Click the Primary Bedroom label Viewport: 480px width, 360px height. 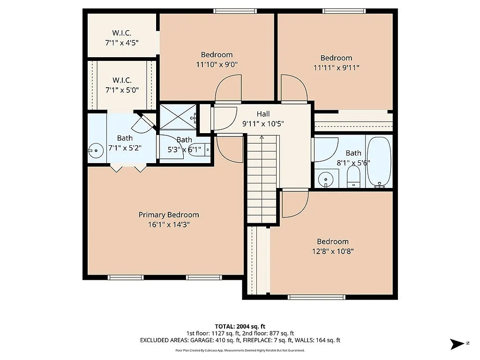(168, 215)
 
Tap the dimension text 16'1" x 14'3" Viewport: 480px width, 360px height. (168, 225)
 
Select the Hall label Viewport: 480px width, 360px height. (263, 114)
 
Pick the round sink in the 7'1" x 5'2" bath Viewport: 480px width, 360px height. (95, 150)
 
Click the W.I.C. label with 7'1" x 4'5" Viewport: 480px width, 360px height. (121, 33)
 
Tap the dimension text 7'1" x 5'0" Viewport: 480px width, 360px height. (121, 90)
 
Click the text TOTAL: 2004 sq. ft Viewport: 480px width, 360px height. (240, 326)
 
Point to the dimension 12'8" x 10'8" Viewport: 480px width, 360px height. (332, 251)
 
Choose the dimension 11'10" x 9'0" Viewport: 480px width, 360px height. (217, 65)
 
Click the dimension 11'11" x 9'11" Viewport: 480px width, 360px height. (336, 67)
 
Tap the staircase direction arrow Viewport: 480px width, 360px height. (261, 139)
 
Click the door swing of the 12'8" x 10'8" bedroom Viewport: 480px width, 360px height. (294, 204)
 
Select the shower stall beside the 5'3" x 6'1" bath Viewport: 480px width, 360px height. (178, 117)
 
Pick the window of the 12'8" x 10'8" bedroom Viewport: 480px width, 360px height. (316, 297)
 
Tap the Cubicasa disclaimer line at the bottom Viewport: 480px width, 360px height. (240, 350)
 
